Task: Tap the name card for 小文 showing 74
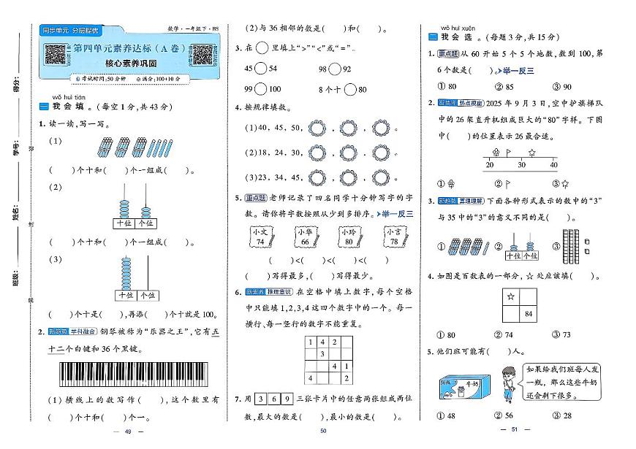[x=259, y=238]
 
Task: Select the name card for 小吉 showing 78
[x=394, y=238]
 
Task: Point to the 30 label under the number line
[x=520, y=165]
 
